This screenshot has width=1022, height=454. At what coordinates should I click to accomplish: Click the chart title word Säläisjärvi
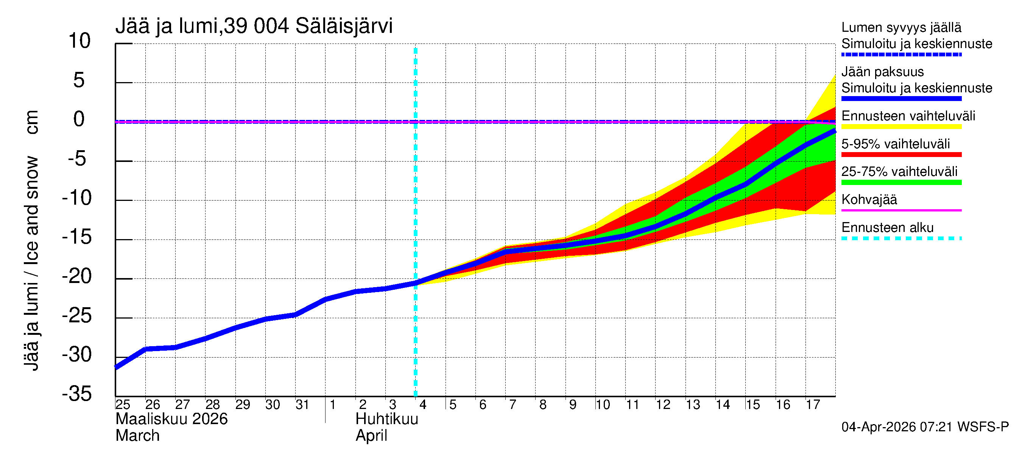(x=344, y=26)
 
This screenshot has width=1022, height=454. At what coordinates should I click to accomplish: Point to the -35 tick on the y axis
(x=77, y=394)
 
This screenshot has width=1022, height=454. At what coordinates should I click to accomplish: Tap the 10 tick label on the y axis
(x=79, y=41)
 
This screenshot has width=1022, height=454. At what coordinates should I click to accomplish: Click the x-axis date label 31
(x=302, y=405)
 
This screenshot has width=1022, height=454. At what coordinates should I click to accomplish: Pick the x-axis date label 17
(x=813, y=405)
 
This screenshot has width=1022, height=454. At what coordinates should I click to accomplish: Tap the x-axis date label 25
(x=123, y=405)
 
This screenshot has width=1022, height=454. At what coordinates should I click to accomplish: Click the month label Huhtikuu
(x=387, y=419)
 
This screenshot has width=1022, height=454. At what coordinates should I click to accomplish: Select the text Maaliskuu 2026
(x=171, y=419)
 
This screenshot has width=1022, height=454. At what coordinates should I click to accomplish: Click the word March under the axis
(x=137, y=436)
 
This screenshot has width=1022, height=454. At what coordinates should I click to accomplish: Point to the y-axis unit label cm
(x=32, y=122)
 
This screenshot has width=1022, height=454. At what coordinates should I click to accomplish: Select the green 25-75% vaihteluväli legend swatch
(x=901, y=182)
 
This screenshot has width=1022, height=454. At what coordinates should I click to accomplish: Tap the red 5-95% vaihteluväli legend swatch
(x=901, y=155)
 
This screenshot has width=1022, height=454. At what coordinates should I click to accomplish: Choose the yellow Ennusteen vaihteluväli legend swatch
(x=901, y=127)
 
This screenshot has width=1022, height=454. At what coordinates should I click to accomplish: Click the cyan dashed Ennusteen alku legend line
(x=901, y=238)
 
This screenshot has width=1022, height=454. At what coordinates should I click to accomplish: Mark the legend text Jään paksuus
(x=882, y=72)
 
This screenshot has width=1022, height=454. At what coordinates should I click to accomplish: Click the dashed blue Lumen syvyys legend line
(x=901, y=55)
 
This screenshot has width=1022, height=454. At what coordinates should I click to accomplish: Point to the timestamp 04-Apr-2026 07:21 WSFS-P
(x=925, y=427)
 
